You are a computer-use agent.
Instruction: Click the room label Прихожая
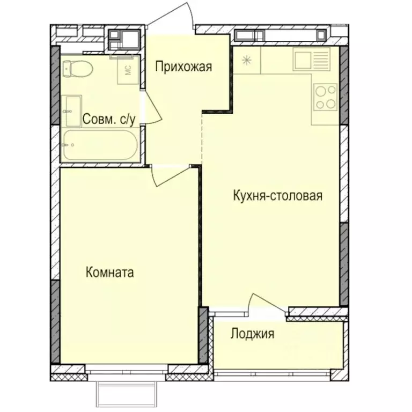184,67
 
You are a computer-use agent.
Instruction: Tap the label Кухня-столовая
278,195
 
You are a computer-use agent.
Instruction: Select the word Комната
110,273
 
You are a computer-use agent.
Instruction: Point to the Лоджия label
253,334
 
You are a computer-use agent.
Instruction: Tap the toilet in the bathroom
77,68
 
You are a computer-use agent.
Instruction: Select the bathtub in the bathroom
99,144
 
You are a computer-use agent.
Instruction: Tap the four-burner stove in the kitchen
325,97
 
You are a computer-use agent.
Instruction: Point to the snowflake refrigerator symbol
247,60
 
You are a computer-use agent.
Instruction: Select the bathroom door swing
152,110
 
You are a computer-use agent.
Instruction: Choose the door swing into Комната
169,175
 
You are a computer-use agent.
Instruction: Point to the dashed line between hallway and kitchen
202,137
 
